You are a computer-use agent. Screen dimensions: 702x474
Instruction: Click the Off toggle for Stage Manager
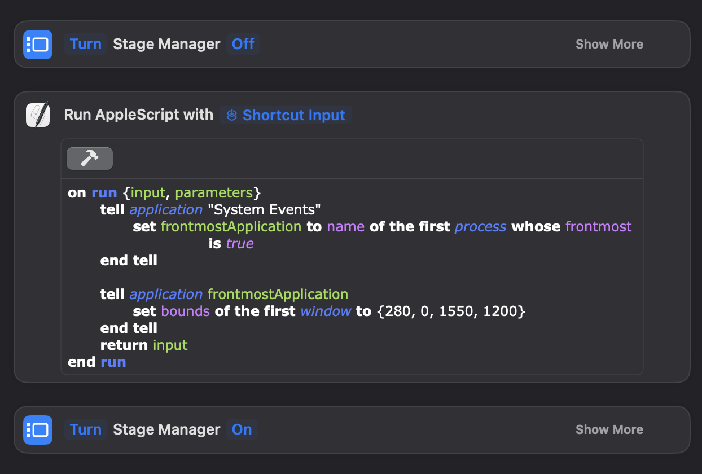coord(243,44)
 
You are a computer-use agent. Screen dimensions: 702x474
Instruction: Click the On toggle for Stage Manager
coord(242,429)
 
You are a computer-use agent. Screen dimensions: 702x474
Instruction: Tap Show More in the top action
coord(609,44)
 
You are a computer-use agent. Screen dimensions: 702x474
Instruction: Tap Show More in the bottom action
coord(609,429)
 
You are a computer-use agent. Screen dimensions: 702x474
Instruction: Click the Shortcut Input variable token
coord(286,115)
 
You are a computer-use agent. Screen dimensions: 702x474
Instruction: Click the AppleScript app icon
coord(38,115)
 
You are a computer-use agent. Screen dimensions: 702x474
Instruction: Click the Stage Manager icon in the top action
coord(38,45)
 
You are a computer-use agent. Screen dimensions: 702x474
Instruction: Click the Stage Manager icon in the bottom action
coord(38,430)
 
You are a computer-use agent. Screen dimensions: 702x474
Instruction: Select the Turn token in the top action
coord(86,44)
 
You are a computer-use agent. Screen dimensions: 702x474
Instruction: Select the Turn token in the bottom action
coord(86,429)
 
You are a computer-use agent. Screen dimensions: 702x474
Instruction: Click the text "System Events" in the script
coord(264,209)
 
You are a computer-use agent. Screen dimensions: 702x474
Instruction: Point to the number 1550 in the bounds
coord(456,311)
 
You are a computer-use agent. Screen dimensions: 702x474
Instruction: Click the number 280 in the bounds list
coord(398,311)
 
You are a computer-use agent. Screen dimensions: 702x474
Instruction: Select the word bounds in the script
coord(185,311)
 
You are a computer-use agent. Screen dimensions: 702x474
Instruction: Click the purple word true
coord(240,244)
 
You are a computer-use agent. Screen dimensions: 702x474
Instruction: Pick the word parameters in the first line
coord(214,193)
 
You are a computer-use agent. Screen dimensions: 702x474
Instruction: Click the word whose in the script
coord(536,226)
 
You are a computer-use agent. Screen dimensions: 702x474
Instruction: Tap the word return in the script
coord(124,345)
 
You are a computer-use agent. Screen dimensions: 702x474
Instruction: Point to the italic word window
coord(326,311)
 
